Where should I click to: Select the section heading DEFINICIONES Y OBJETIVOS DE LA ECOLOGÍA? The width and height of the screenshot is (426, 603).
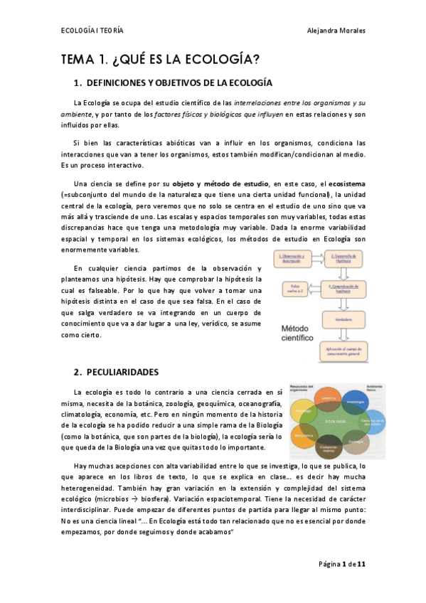click(179, 82)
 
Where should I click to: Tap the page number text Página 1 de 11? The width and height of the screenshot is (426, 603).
click(342, 564)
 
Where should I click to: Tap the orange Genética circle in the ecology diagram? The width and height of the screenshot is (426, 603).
click(329, 401)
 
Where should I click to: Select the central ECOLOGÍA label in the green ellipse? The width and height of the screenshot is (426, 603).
click(335, 420)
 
